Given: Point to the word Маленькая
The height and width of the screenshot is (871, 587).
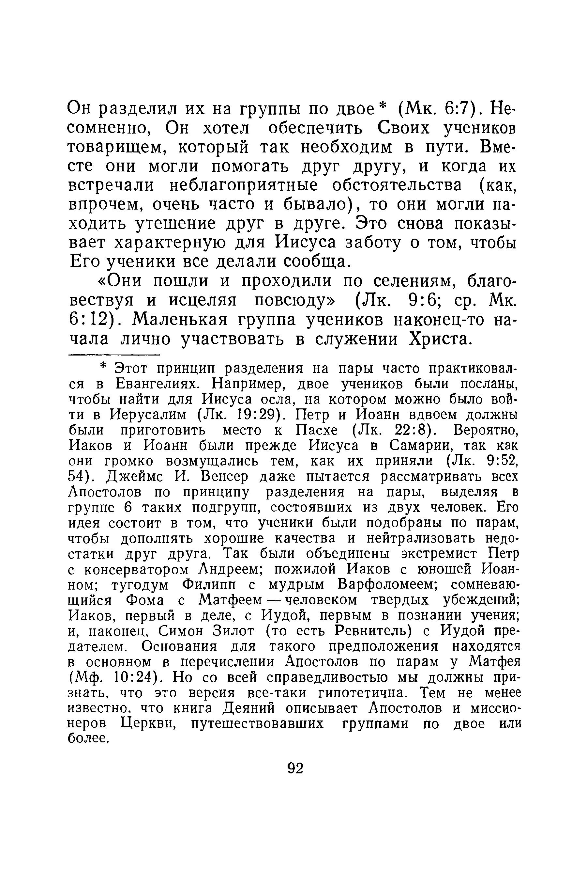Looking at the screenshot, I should tap(180, 320).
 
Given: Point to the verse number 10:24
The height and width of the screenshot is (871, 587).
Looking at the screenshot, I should tap(131, 678).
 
